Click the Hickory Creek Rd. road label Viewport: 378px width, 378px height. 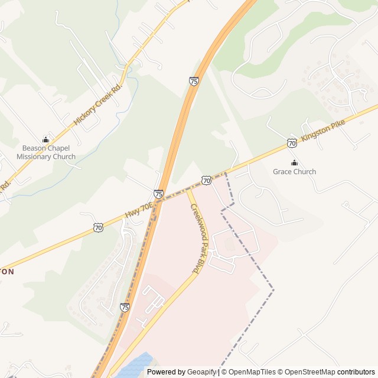(97, 104)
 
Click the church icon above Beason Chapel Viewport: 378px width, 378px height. (46, 140)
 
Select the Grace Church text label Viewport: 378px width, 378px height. (294, 172)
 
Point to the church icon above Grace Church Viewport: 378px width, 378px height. (294, 162)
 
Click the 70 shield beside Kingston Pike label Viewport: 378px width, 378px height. (292, 143)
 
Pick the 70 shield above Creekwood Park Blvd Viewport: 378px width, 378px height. (206, 180)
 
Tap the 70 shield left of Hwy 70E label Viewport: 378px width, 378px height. (99, 227)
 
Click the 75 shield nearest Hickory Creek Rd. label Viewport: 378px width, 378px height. (194, 81)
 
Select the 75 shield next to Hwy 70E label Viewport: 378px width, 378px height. (158, 194)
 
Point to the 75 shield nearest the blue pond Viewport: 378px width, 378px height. (125, 307)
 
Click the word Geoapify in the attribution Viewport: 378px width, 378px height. (202, 372)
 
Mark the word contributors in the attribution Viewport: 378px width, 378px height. (356, 372)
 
